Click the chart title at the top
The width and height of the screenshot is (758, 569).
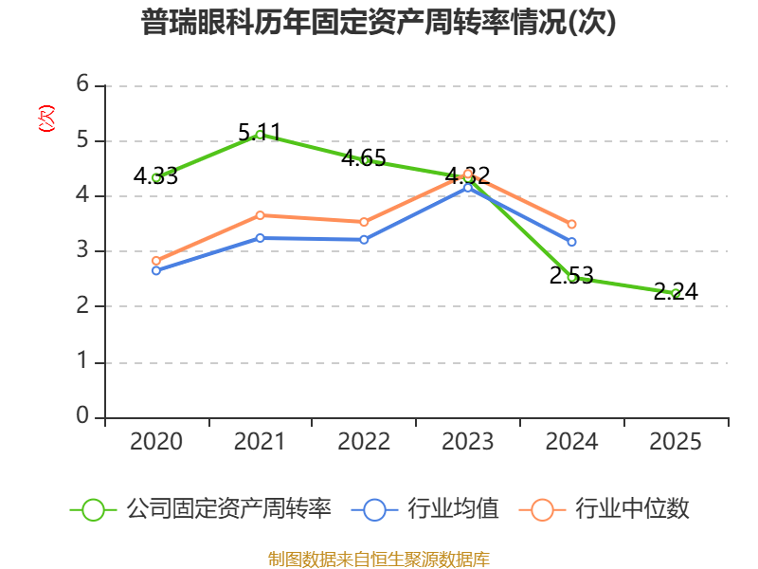[x=378, y=22]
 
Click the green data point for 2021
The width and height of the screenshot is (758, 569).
[x=260, y=135]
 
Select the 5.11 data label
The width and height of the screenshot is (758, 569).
[x=260, y=132]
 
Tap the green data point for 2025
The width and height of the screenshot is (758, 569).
[x=676, y=293]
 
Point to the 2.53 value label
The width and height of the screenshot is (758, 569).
[x=571, y=275]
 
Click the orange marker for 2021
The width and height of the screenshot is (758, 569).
[x=260, y=215]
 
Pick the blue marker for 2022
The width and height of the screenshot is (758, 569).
[x=364, y=240]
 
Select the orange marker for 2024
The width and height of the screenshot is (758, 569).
[x=572, y=224]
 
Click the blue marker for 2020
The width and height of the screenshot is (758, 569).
[x=156, y=270]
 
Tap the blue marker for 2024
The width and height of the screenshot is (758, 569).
[x=572, y=242]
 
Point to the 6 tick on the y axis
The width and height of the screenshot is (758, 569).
[x=82, y=84]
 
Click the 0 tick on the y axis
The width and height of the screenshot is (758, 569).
[x=82, y=415]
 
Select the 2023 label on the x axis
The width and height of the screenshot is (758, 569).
[x=468, y=441]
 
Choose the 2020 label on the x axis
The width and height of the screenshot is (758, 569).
[x=156, y=441]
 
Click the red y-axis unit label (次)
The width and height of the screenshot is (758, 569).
[x=46, y=119]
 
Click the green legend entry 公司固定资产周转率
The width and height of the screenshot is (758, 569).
[x=201, y=509]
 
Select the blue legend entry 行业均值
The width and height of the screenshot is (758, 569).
[x=425, y=509]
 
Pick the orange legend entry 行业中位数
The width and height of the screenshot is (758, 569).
[x=605, y=509]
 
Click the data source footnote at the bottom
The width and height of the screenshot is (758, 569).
[x=379, y=560]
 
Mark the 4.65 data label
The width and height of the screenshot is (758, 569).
[x=364, y=158]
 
